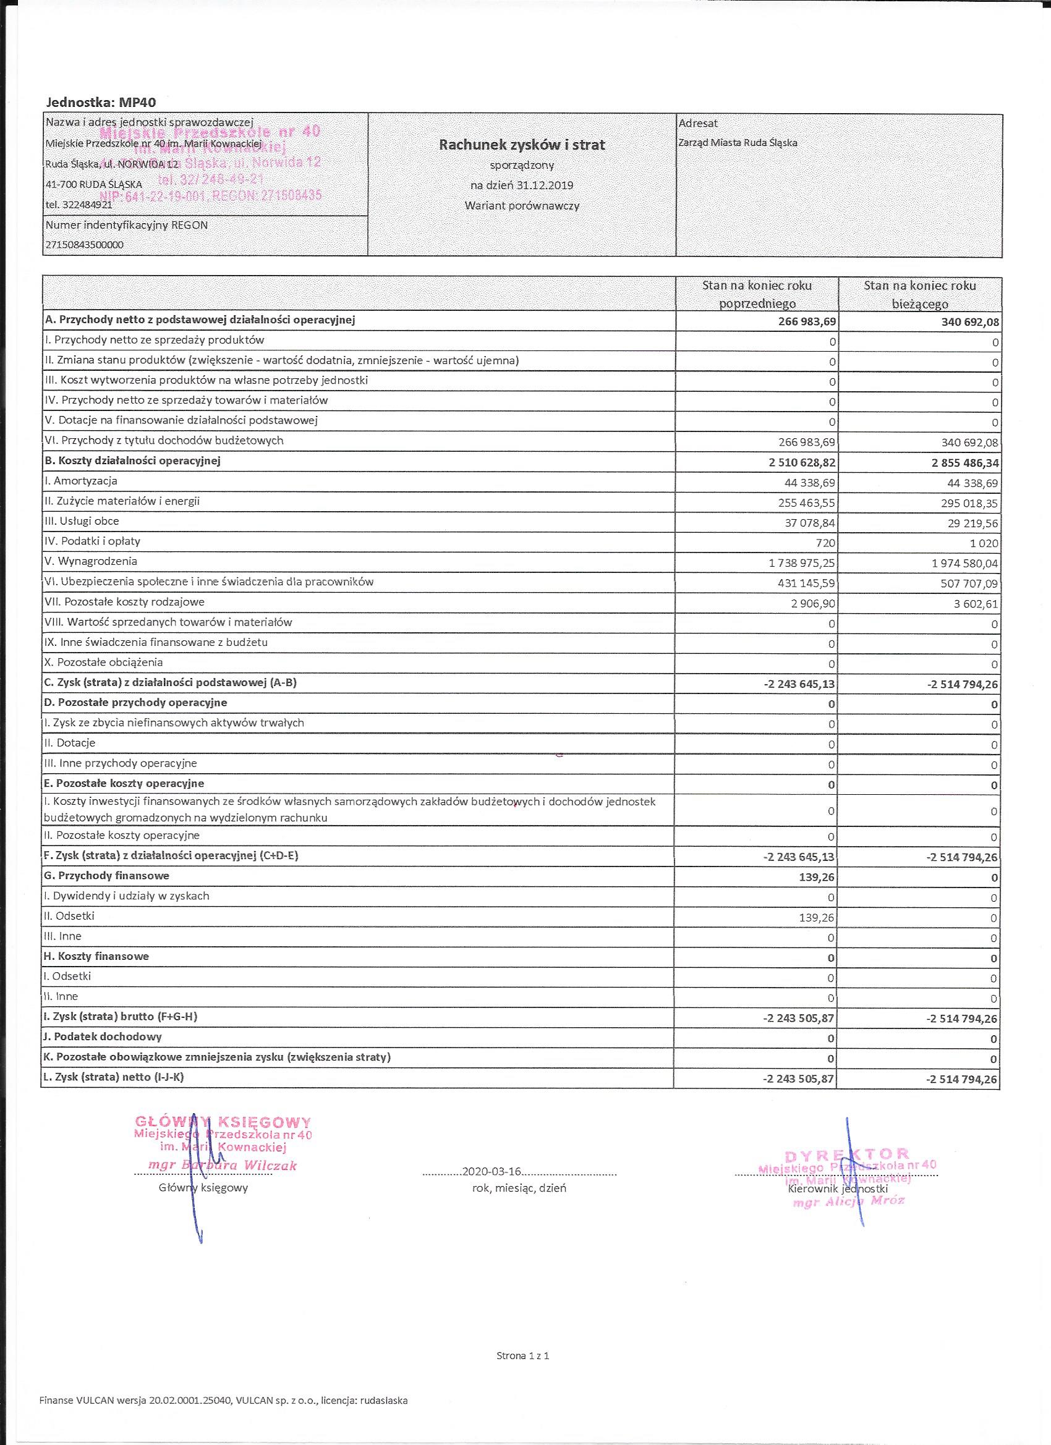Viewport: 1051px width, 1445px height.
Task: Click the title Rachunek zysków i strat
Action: (x=521, y=145)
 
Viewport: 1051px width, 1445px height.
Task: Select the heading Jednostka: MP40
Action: (x=101, y=102)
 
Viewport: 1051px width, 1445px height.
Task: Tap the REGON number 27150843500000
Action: (x=84, y=245)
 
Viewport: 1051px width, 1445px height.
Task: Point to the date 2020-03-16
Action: (x=491, y=1171)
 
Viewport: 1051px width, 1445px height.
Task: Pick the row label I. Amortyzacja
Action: (x=81, y=481)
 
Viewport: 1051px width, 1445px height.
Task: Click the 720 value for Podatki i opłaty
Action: (x=827, y=543)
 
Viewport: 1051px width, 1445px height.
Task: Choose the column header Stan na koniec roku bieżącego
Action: (x=919, y=294)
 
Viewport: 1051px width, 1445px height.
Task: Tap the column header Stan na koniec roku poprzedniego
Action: (x=757, y=294)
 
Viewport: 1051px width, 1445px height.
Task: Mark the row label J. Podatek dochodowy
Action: (x=103, y=1036)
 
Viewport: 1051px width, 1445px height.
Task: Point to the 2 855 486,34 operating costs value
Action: (x=964, y=462)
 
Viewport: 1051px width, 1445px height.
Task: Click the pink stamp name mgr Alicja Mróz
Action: (x=848, y=1202)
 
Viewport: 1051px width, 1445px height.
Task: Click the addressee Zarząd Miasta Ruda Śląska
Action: (x=738, y=143)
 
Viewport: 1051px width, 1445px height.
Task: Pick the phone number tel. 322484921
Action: (x=79, y=205)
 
